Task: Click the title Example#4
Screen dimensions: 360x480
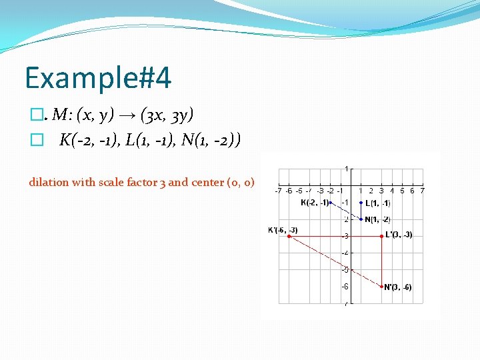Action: pyautogui.click(x=98, y=78)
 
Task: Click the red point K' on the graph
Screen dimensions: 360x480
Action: pyautogui.click(x=289, y=236)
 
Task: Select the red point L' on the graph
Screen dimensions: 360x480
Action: pyautogui.click(x=381, y=236)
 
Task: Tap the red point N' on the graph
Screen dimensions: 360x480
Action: pyautogui.click(x=381, y=287)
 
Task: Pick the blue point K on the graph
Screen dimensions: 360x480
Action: pyautogui.click(x=330, y=203)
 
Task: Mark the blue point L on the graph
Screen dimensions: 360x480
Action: pyautogui.click(x=361, y=203)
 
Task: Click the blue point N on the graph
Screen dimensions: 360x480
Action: pyautogui.click(x=361, y=219)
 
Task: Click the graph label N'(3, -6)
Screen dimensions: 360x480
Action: pyautogui.click(x=399, y=287)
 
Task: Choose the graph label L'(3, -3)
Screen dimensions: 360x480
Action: pyautogui.click(x=399, y=235)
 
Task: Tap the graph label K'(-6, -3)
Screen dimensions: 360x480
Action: pyautogui.click(x=283, y=230)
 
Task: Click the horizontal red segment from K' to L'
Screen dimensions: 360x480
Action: pyautogui.click(x=333, y=236)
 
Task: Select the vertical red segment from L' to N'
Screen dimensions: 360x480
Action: pyautogui.click(x=381, y=261)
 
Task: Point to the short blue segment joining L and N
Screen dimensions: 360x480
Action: pyautogui.click(x=361, y=211)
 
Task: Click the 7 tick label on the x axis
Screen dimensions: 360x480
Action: pyautogui.click(x=423, y=191)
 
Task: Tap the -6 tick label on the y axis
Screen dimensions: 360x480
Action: pyautogui.click(x=345, y=287)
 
